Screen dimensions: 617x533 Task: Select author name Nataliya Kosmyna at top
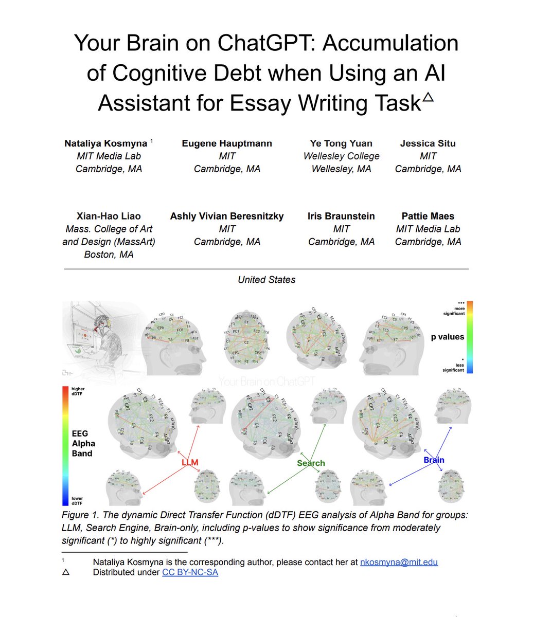click(105, 143)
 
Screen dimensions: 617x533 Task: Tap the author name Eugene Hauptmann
click(227, 143)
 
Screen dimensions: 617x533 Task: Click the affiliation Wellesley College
click(341, 156)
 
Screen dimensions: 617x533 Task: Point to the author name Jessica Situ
click(428, 143)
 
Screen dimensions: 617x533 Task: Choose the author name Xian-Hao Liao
click(108, 216)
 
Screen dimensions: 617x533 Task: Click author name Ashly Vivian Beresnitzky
click(227, 216)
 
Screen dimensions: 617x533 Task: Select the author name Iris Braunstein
click(341, 216)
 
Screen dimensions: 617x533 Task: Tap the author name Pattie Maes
click(428, 216)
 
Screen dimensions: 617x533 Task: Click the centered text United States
click(266, 280)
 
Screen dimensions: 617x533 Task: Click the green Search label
click(311, 463)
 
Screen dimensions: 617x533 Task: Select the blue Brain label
click(434, 460)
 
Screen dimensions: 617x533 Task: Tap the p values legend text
click(448, 337)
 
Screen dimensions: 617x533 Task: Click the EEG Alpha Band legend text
click(83, 444)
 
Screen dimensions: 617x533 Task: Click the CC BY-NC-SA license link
click(190, 572)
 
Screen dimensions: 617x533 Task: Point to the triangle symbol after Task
click(428, 97)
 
